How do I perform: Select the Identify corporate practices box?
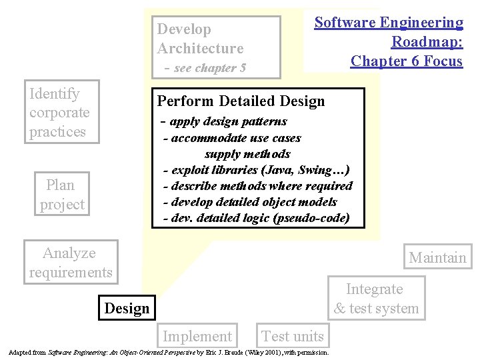click(61, 112)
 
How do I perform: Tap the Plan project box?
click(61, 194)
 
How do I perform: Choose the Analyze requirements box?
click(70, 262)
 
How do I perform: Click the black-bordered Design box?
click(127, 308)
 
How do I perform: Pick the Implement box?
click(197, 336)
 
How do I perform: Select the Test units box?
click(293, 336)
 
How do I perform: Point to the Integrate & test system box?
click(376, 299)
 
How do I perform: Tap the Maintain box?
click(437, 257)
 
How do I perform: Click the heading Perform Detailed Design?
click(241, 101)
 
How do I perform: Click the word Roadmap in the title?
click(427, 41)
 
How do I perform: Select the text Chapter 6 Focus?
click(406, 61)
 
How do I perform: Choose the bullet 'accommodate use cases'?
click(235, 138)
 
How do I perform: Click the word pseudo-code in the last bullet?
click(311, 218)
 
